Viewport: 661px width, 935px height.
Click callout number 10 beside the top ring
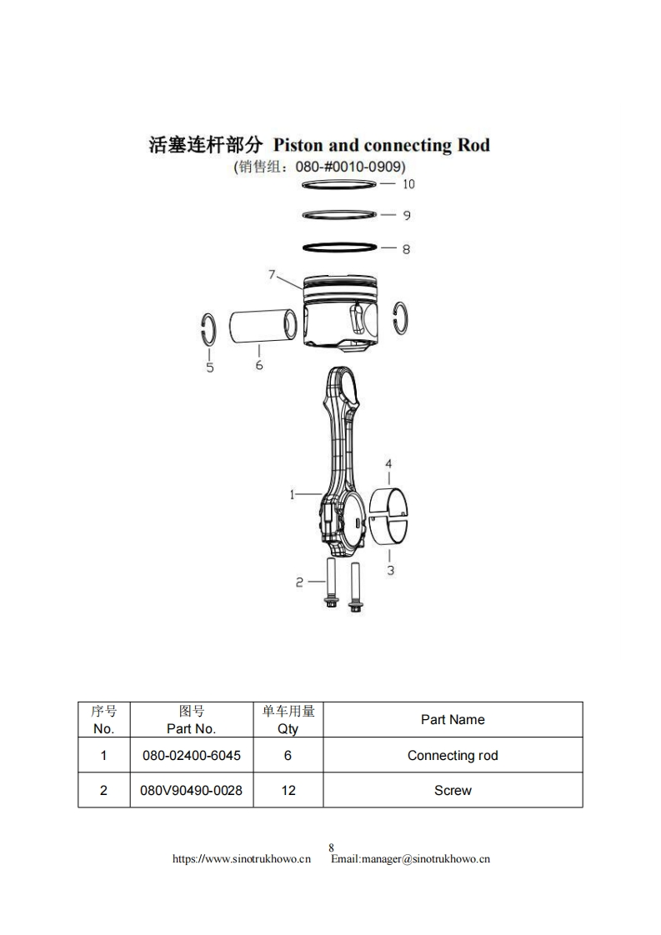408,184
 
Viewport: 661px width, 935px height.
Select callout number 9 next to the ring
407,216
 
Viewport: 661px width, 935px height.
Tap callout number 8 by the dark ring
406,249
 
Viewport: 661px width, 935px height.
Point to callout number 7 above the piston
272,274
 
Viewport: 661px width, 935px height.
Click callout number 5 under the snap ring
209,367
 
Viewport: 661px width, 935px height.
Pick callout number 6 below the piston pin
259,365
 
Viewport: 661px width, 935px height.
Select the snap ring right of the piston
401,317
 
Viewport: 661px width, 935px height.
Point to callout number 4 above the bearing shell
388,464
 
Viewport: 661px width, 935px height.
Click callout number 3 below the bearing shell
390,570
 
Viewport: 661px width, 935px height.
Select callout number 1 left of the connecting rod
293,494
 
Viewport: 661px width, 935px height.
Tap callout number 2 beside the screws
299,583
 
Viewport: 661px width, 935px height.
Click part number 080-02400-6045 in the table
192,756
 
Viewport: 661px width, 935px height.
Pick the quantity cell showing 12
288,790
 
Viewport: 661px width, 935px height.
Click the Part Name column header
452,720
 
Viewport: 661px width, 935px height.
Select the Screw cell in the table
452,790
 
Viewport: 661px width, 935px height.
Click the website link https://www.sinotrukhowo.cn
241,859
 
